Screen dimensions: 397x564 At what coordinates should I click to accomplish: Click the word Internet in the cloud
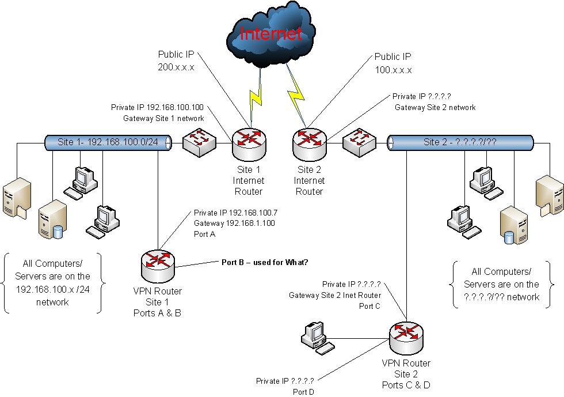click(x=271, y=33)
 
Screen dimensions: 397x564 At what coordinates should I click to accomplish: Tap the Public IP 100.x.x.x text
click(x=394, y=63)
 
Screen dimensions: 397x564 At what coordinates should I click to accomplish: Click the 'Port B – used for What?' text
click(x=265, y=263)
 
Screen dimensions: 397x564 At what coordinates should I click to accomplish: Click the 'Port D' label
click(x=303, y=391)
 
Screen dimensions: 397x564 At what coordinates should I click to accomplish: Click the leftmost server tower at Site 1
click(x=14, y=199)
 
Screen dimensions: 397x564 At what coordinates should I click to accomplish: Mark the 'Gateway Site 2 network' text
click(x=435, y=107)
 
